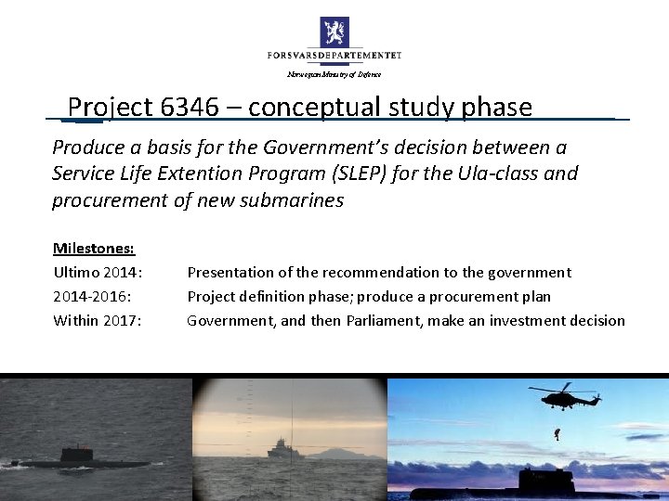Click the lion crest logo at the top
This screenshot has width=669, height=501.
pos(334,31)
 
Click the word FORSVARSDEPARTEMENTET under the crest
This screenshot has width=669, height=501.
pos(334,56)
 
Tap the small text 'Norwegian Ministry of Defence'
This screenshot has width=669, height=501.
pos(334,74)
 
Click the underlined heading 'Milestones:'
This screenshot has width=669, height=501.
pos(94,248)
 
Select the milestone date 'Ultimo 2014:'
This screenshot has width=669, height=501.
pos(98,272)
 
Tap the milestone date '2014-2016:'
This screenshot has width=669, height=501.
pos(91,296)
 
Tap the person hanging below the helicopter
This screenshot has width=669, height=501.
pos(557,432)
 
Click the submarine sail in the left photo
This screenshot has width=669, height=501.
pos(73,453)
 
